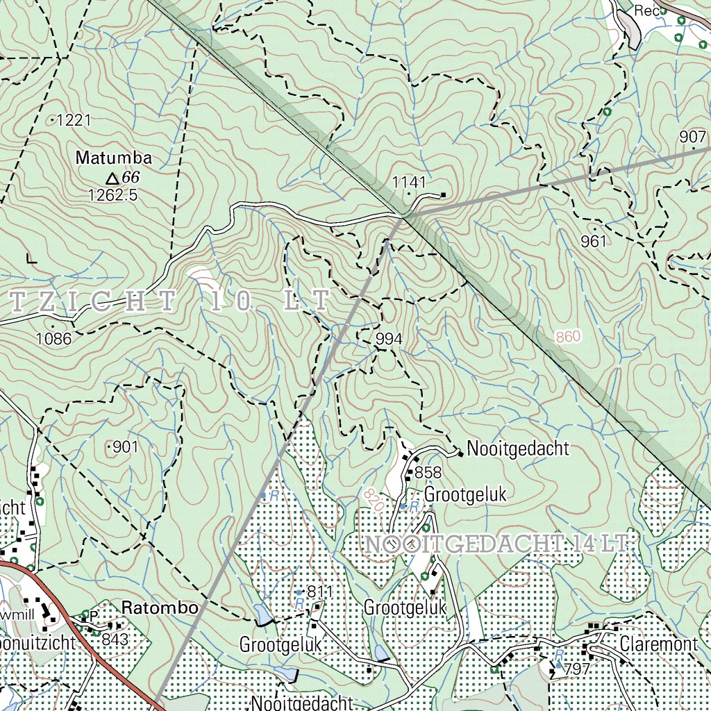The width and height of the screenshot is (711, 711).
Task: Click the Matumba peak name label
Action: pos(113,158)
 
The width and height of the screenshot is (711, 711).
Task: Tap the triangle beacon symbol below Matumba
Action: pos(110,178)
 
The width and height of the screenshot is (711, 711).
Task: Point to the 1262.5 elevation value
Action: pos(112,195)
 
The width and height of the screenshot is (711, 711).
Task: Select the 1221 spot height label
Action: pos(74,121)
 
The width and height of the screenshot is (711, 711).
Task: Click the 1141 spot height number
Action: pos(408,182)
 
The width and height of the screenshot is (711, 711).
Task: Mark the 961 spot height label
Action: pos(594,241)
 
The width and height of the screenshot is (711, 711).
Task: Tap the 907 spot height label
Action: pos(692,137)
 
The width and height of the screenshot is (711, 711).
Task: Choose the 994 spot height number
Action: pos(389,339)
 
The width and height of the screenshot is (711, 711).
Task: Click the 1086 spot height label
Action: pos(54,339)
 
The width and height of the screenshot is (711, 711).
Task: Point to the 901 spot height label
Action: pos(125,447)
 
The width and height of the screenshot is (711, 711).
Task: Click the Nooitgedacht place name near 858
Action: pos(518,449)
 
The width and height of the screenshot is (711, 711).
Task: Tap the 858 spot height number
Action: pos(428,473)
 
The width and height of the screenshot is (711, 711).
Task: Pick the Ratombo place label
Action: pos(160,608)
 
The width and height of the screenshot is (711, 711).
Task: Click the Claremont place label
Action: pos(658,644)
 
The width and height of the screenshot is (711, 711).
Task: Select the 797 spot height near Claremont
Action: pos(576,669)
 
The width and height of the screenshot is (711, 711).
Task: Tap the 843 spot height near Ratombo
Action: pos(115,639)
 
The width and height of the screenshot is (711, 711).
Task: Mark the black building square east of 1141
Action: pos(444,194)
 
